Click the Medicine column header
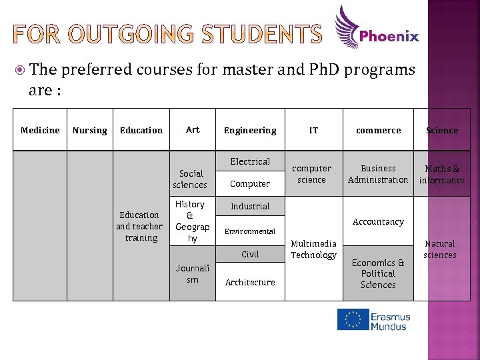tap(40, 130)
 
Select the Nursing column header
tap(89, 130)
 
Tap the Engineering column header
tap(250, 130)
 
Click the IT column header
tap(313, 130)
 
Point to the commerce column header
tap(378, 130)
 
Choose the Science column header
tap(442, 130)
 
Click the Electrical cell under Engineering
tap(250, 161)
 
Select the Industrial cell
tap(250, 206)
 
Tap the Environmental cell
tap(250, 231)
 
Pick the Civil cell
tap(250, 254)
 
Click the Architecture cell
tap(250, 282)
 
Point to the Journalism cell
tap(193, 274)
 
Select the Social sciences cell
tap(190, 179)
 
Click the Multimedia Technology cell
tap(313, 249)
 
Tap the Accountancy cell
tap(378, 221)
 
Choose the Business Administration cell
tap(378, 174)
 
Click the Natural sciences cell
tap(440, 249)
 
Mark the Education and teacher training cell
tap(139, 226)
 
